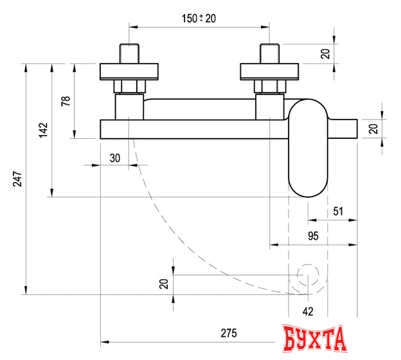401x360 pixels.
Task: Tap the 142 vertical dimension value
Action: click(43, 130)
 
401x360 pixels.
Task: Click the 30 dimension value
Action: click(115, 157)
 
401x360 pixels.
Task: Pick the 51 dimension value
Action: click(338, 211)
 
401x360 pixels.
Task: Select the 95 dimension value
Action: click(313, 236)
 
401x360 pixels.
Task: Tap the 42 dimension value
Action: click(308, 311)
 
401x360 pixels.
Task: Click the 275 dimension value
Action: click(229, 333)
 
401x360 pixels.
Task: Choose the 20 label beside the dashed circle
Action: click(163, 283)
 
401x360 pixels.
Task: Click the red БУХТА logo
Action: click(315, 339)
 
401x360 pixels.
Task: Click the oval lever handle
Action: click(307, 147)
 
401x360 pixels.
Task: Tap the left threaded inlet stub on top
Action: click(130, 53)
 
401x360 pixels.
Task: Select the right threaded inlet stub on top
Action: click(269, 53)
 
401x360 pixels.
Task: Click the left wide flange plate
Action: click(130, 71)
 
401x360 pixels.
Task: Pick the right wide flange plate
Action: click(269, 71)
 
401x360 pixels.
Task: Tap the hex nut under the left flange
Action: click(130, 87)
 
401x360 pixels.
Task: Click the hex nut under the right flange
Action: click(269, 87)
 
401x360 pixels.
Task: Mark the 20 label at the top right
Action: click(325, 54)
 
